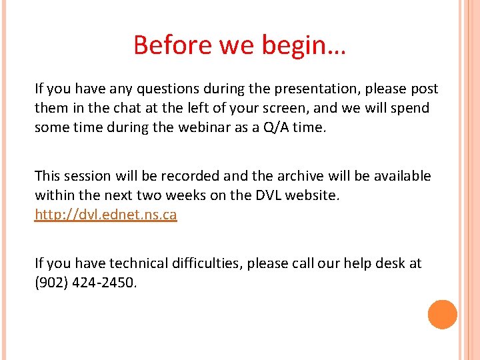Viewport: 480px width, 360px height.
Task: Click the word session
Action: point(91,176)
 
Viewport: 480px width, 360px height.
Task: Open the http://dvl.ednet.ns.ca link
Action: point(105,215)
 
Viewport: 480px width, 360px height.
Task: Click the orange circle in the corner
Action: point(442,315)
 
